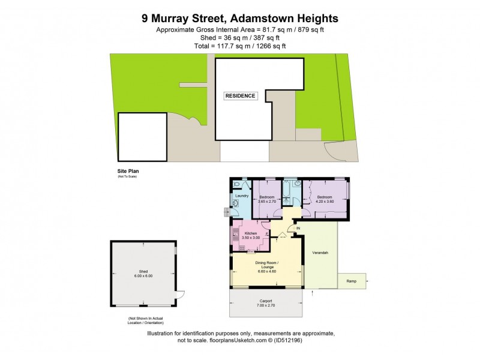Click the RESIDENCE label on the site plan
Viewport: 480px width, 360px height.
click(241, 96)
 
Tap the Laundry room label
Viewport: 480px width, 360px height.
click(242, 196)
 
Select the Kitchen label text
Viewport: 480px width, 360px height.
click(251, 233)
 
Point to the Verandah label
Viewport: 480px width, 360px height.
click(320, 253)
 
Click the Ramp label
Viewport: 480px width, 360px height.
click(352, 280)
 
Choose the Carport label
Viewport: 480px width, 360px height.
click(266, 301)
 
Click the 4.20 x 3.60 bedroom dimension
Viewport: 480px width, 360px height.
click(325, 201)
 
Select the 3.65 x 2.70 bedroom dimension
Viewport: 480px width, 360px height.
click(266, 201)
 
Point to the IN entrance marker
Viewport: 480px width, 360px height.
click(297, 227)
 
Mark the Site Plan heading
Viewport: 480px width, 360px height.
click(128, 171)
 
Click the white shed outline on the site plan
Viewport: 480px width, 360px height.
click(142, 137)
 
